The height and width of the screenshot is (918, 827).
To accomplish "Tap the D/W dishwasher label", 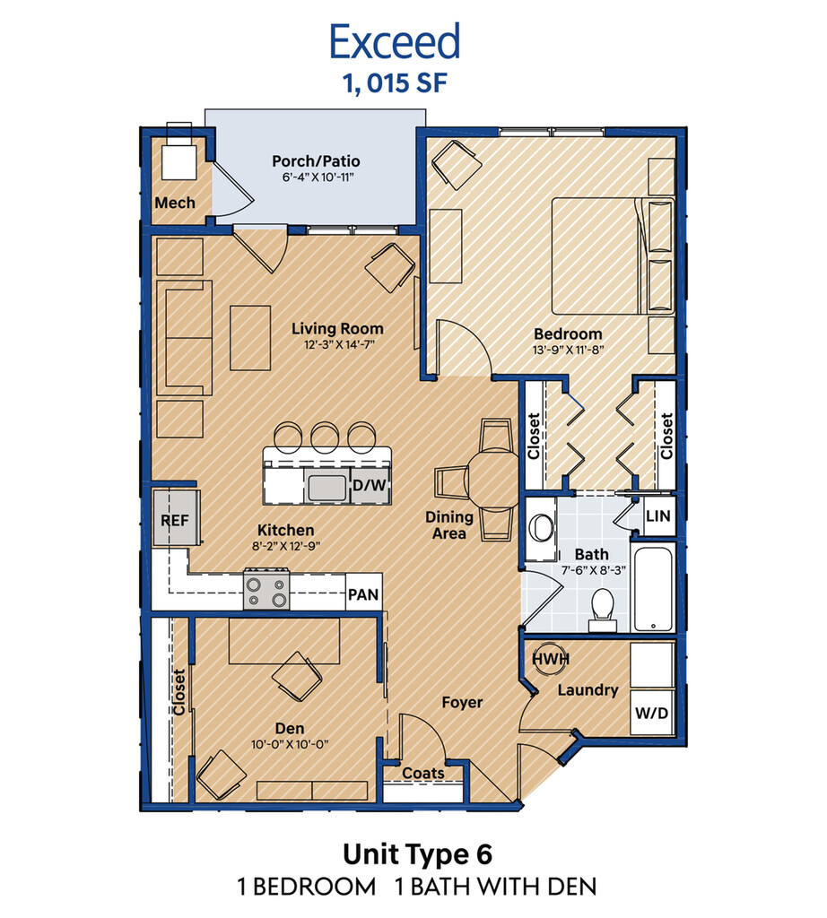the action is click(370, 485).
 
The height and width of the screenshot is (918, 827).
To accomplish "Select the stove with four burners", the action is click(266, 589).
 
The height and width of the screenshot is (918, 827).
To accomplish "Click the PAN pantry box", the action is click(363, 594).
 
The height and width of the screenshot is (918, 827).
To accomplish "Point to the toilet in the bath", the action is click(602, 610).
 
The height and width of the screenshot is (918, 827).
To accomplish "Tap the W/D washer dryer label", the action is click(651, 713).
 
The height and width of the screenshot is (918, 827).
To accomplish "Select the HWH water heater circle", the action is click(551, 659).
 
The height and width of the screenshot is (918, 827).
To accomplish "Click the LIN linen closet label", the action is click(657, 515).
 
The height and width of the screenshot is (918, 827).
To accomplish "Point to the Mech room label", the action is click(175, 203).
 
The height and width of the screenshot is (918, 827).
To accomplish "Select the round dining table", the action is click(493, 479).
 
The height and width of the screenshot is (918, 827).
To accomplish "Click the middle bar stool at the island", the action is click(325, 437).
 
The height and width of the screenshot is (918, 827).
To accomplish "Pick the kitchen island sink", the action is click(326, 488).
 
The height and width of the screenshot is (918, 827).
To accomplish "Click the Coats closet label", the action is click(422, 774).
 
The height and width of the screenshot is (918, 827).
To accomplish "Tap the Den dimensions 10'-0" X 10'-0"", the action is click(290, 745).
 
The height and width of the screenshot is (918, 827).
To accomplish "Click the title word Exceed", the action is click(395, 41).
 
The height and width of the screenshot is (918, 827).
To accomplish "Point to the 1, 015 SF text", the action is click(396, 83).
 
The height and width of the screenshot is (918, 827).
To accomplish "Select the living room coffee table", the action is click(250, 338).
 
